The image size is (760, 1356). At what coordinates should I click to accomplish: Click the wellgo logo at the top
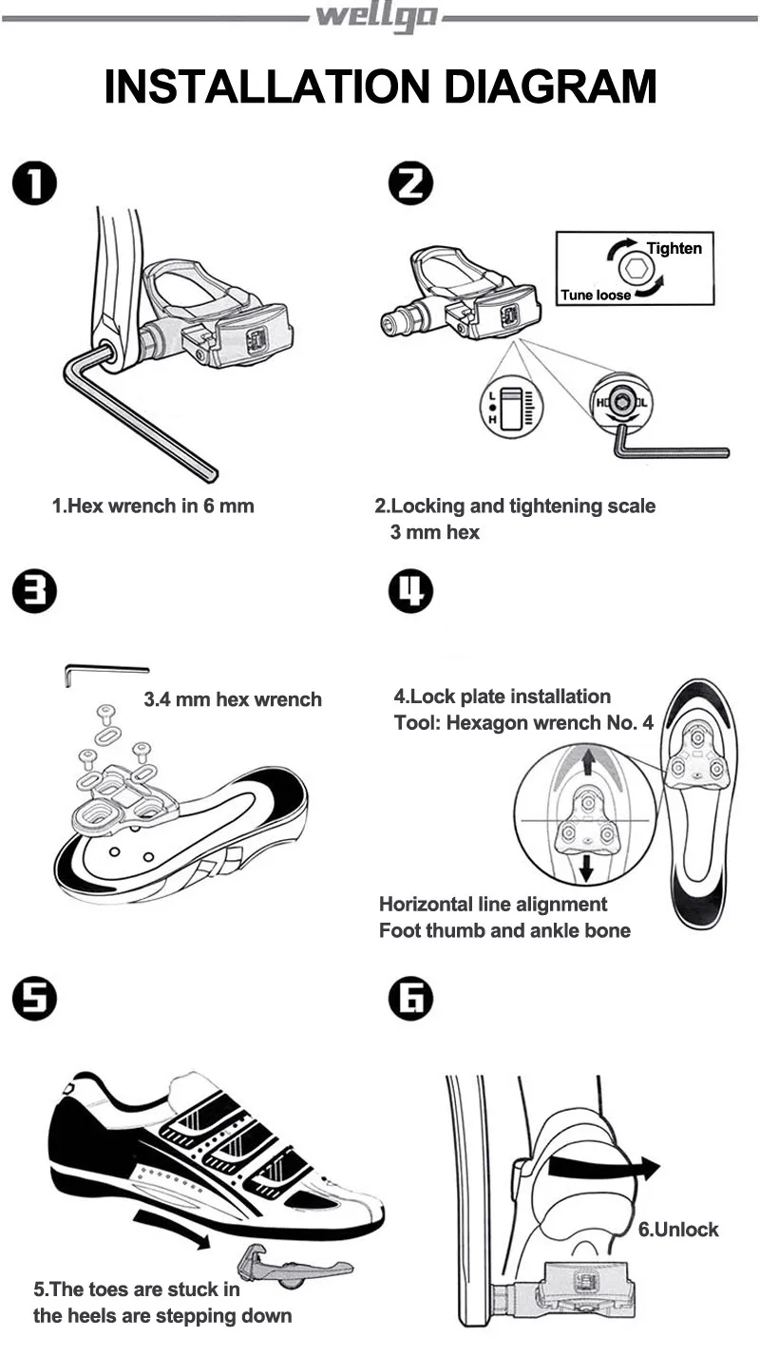(x=377, y=17)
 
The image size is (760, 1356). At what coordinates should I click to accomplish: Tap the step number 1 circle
(x=35, y=183)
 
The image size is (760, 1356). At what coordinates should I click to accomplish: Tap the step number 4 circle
(x=410, y=593)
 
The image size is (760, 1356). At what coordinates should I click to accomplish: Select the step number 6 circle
(x=410, y=1000)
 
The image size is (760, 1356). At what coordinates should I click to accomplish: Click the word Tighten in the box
(x=674, y=248)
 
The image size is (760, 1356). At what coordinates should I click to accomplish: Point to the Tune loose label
(x=596, y=295)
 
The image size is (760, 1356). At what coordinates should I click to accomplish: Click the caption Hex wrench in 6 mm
(x=153, y=506)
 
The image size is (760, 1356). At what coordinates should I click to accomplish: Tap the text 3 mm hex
(x=434, y=532)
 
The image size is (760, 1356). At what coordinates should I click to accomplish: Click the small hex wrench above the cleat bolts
(x=104, y=672)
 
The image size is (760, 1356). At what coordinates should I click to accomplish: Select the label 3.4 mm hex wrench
(x=233, y=699)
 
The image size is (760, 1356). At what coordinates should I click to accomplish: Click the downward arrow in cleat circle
(x=587, y=865)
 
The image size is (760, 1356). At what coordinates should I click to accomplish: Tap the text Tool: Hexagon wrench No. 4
(x=523, y=722)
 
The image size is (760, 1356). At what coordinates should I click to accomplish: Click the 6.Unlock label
(x=677, y=1229)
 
